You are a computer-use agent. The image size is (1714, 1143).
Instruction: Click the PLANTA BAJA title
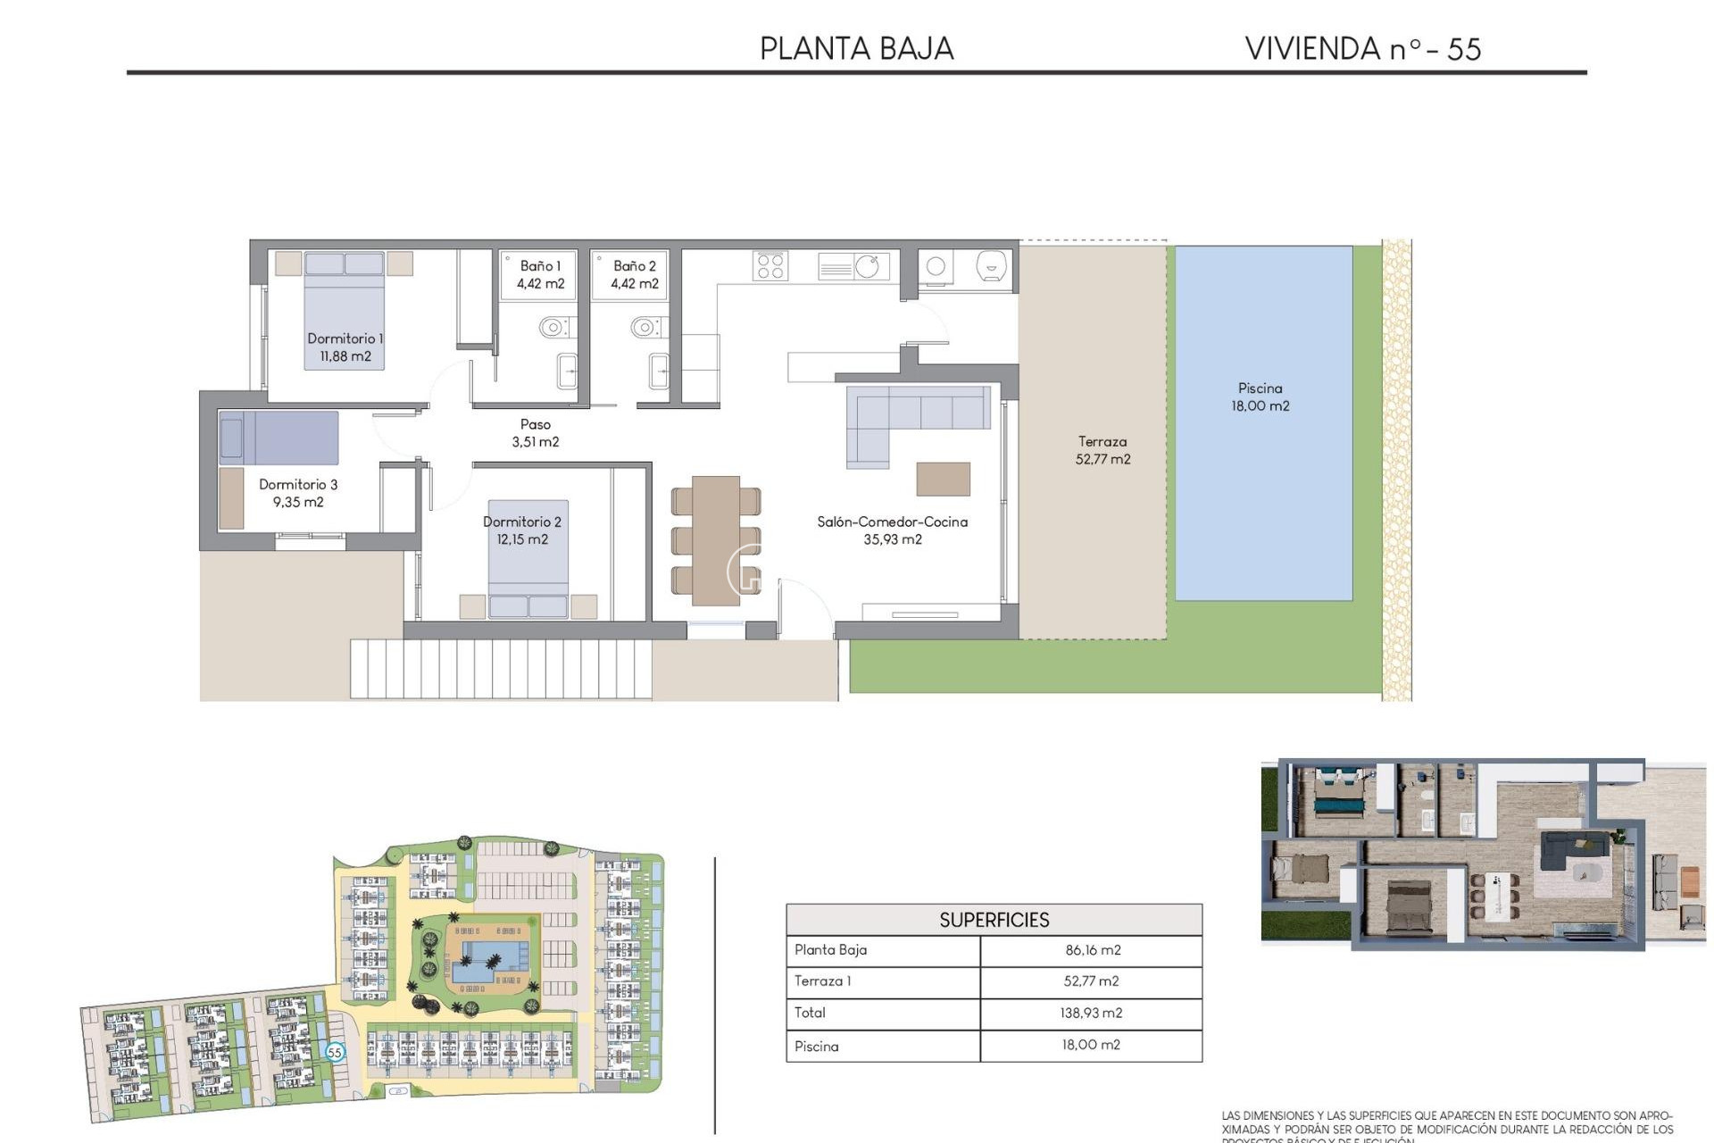tap(856, 48)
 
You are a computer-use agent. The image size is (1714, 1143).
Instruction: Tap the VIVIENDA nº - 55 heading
tap(1362, 48)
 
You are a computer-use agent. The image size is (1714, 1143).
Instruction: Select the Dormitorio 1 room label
tap(345, 347)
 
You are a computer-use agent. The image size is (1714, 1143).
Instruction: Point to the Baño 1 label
tap(540, 275)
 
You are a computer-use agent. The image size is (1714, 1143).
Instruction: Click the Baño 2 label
tap(634, 275)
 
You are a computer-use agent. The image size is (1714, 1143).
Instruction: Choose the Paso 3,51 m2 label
tap(536, 433)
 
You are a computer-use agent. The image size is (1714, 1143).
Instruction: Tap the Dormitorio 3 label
tap(298, 493)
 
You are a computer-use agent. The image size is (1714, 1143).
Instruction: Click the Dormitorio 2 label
tap(522, 530)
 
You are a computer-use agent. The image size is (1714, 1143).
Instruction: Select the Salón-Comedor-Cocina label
tap(892, 530)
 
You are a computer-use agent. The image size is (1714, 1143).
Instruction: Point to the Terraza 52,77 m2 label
tap(1102, 450)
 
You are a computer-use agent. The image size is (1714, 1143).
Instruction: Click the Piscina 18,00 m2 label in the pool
tap(1260, 396)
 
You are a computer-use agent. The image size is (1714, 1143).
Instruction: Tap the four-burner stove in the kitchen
tap(770, 266)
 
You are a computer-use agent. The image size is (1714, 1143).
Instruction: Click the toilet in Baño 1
tap(553, 327)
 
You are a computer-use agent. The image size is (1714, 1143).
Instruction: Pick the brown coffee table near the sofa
tap(943, 479)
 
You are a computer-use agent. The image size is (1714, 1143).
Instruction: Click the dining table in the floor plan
tap(715, 540)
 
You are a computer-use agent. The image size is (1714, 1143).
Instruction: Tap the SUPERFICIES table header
tap(994, 920)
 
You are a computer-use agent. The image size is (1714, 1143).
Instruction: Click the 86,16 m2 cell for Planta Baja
tap(1092, 950)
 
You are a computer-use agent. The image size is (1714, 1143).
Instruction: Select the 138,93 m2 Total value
tap(1092, 1013)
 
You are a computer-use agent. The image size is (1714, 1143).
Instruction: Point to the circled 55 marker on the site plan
tap(335, 1052)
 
